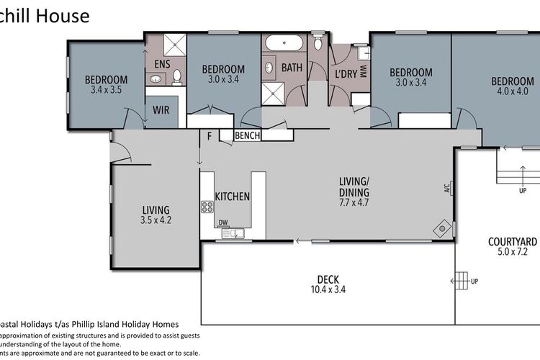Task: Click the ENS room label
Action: (x=162, y=64)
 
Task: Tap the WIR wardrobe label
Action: (x=161, y=111)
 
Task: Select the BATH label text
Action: (x=292, y=68)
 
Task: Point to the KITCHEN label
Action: (x=233, y=197)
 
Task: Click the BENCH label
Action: (x=247, y=135)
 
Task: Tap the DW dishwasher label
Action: (x=223, y=222)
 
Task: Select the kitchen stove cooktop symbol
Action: (x=207, y=207)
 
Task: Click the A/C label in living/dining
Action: (x=447, y=189)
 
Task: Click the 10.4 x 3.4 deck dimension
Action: (x=328, y=292)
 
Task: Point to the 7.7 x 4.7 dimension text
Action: (x=354, y=204)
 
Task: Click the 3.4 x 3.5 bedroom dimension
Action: (x=106, y=91)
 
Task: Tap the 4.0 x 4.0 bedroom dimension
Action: (x=512, y=91)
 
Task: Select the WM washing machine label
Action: (x=363, y=71)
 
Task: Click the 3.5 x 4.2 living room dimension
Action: (x=156, y=221)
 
